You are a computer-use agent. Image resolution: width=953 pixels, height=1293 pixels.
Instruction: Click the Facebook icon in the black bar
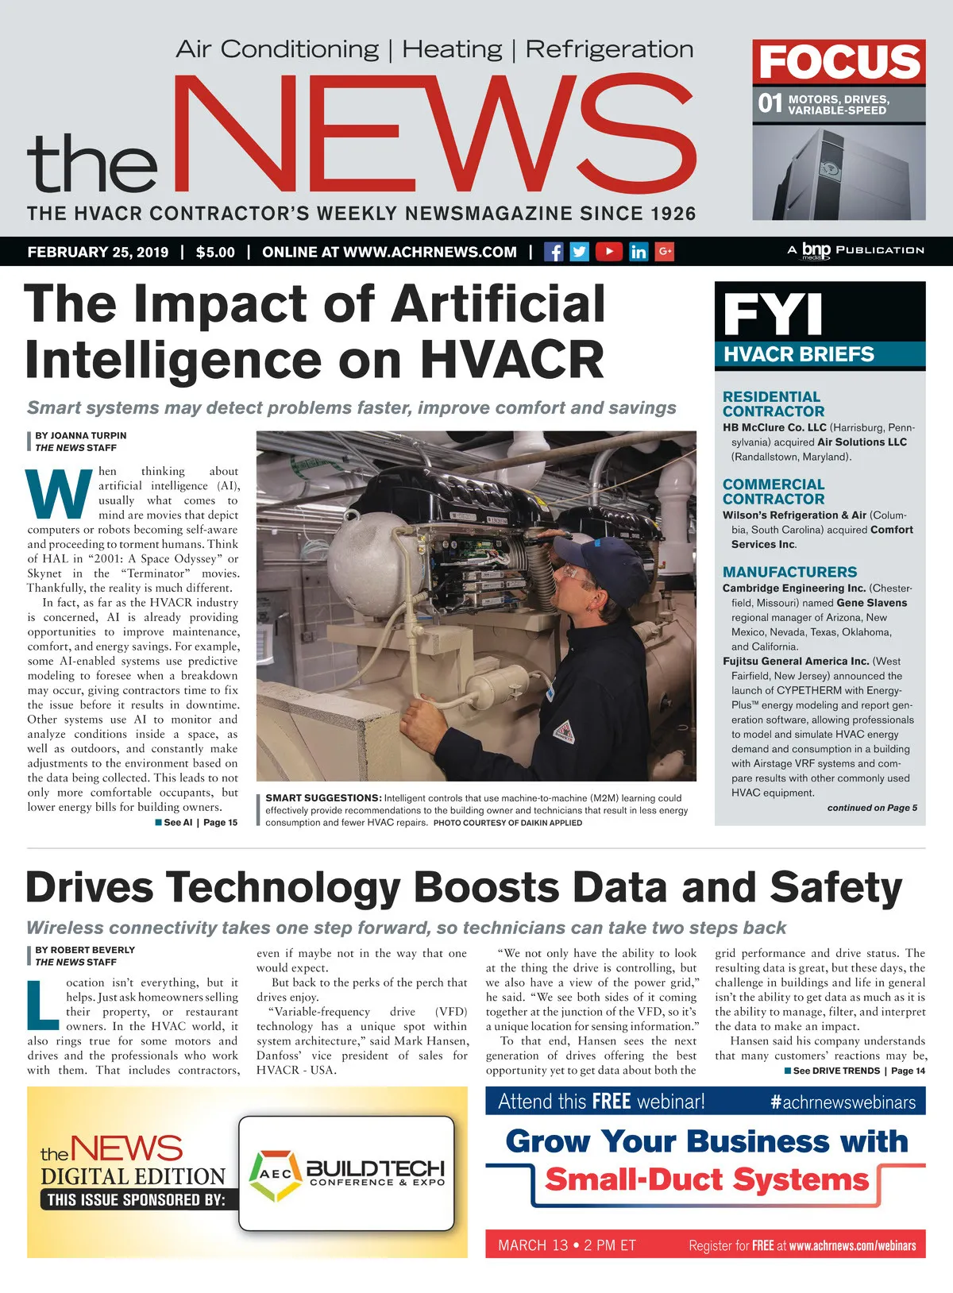coord(554,252)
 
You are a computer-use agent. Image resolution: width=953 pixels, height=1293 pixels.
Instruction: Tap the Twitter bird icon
coord(580,252)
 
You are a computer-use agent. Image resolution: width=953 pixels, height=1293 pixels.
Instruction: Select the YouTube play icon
coord(608,252)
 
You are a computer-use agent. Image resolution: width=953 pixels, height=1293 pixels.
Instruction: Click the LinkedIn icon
coord(638,252)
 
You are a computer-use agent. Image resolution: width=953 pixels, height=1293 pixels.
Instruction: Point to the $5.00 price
coord(215,253)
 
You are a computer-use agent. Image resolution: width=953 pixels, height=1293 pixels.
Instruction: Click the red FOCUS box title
coord(839,62)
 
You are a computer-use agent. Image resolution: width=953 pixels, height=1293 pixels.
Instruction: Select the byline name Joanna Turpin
coord(80,435)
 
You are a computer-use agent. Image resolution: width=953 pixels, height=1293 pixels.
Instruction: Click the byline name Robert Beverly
coord(85,949)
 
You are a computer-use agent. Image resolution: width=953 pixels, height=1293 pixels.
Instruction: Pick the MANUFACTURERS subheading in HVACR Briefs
coord(789,572)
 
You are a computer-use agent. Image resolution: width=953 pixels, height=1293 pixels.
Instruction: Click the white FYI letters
coord(772,315)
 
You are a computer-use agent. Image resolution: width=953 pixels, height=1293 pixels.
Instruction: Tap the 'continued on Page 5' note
coord(872,808)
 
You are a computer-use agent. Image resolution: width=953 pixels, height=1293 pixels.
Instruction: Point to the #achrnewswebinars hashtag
coord(843,1102)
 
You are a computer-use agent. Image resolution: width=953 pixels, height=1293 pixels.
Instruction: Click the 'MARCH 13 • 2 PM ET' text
coord(567,1245)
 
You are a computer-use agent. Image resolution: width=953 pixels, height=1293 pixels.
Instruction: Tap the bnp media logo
coord(815,250)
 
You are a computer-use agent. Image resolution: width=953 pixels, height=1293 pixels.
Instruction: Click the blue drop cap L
coord(44,1005)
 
